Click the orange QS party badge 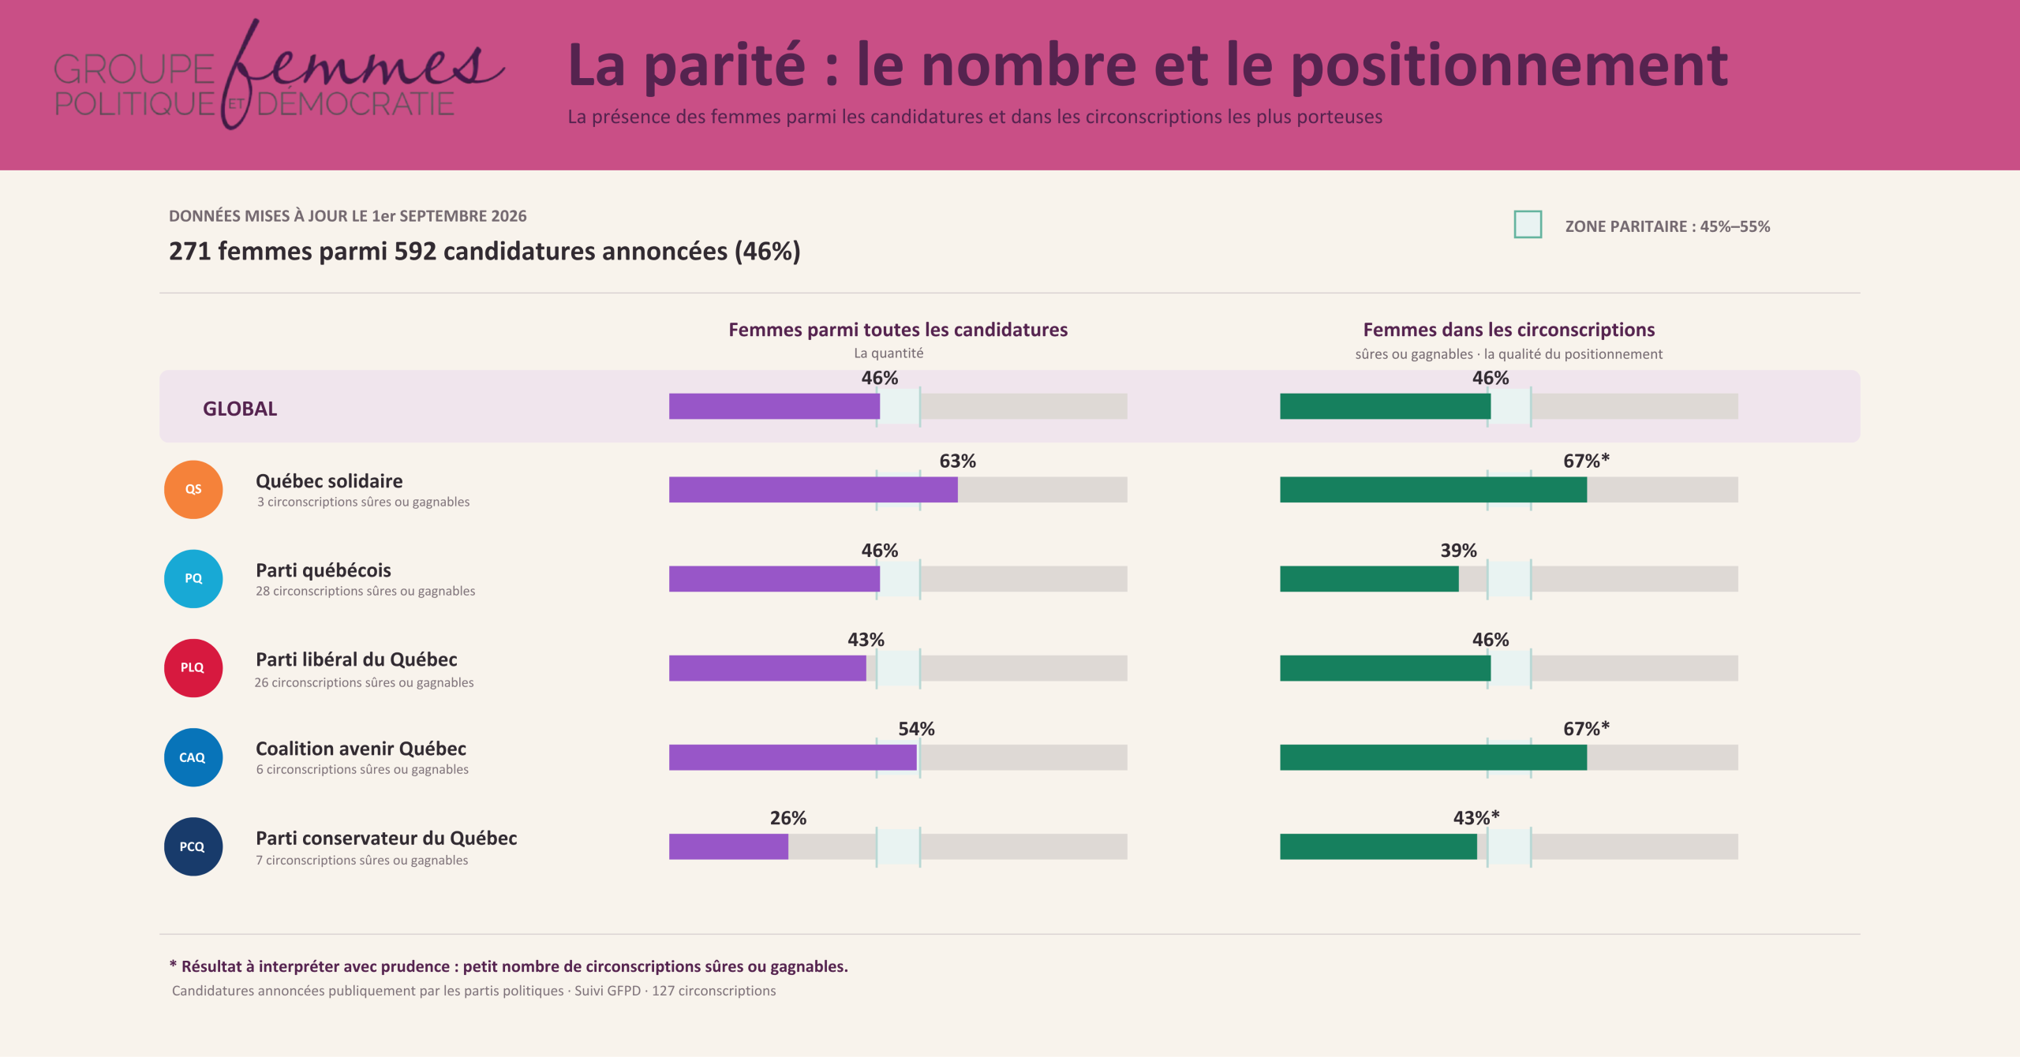coord(193,490)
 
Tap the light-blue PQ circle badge coord(193,579)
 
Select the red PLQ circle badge coord(193,668)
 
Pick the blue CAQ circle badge coord(193,757)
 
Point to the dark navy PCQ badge coord(193,846)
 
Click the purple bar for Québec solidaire coord(814,490)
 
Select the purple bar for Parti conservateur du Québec coord(728,846)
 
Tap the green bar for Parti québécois coord(1369,579)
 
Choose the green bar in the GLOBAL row coord(1385,406)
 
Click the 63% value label coord(957,461)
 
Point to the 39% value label coord(1458,551)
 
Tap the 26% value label coord(788,818)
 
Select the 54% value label coord(916,729)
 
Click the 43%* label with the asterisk coord(1476,818)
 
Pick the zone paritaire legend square coord(1528,225)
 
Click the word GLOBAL coord(240,409)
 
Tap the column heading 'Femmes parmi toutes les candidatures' coord(898,330)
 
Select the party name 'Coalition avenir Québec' coord(361,749)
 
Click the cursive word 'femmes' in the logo coord(363,71)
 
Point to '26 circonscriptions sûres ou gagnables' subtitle coord(364,682)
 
